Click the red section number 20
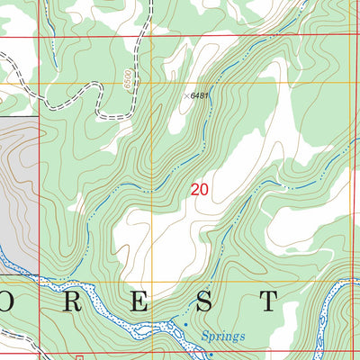point(200,190)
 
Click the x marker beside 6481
point(188,94)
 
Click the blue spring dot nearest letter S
point(185,323)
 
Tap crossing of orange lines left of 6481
point(151,84)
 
